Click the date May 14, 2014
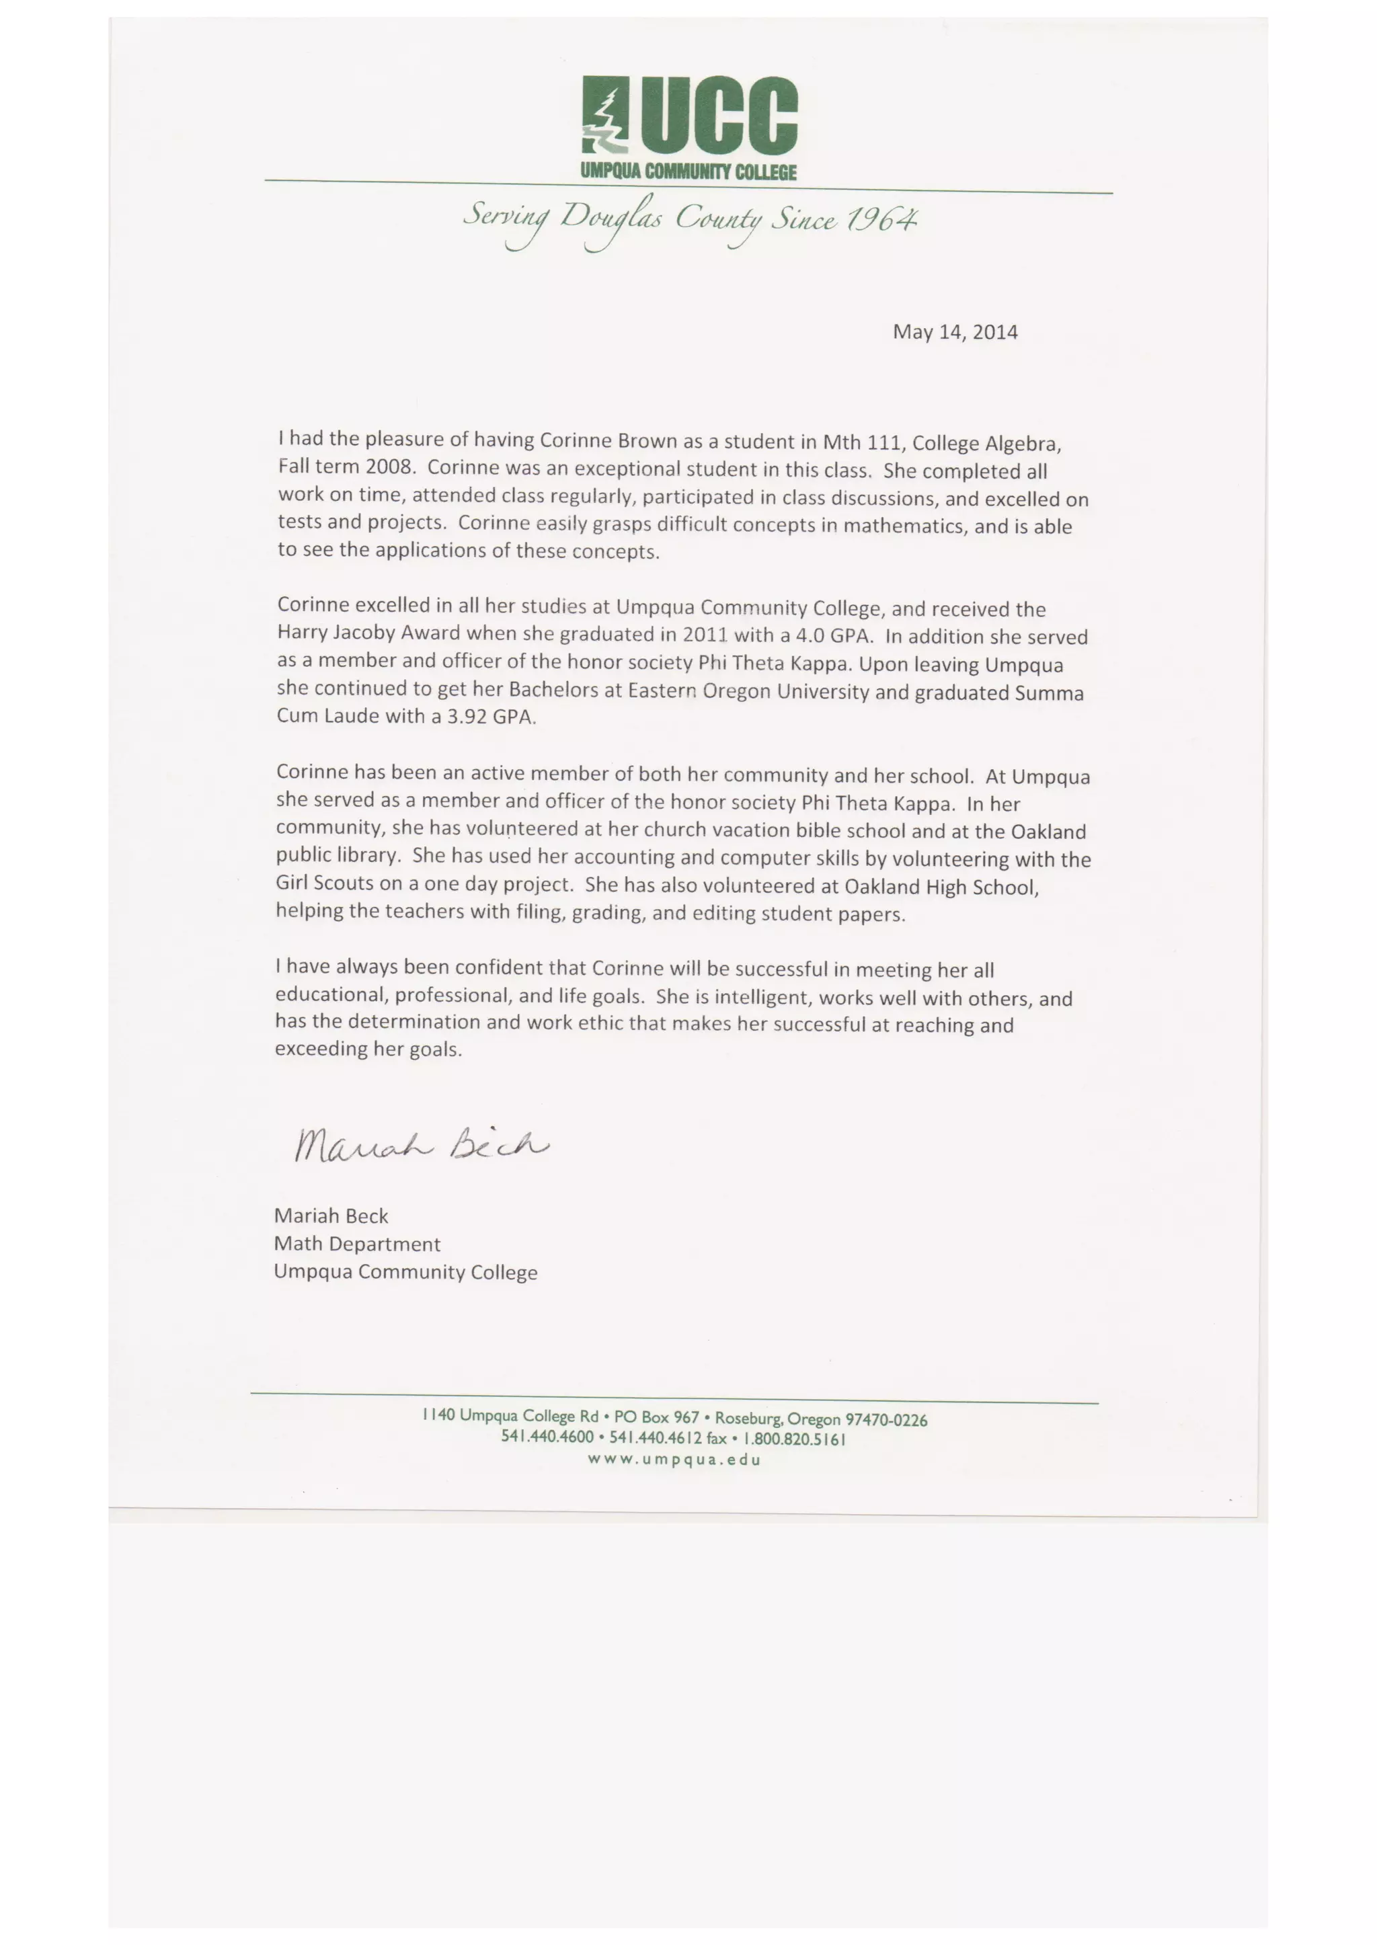point(955,331)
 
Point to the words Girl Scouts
point(325,883)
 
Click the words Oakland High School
point(941,887)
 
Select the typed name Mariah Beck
point(331,1216)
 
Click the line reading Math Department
point(357,1244)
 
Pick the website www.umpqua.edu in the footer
point(675,1459)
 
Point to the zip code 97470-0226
point(886,1419)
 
